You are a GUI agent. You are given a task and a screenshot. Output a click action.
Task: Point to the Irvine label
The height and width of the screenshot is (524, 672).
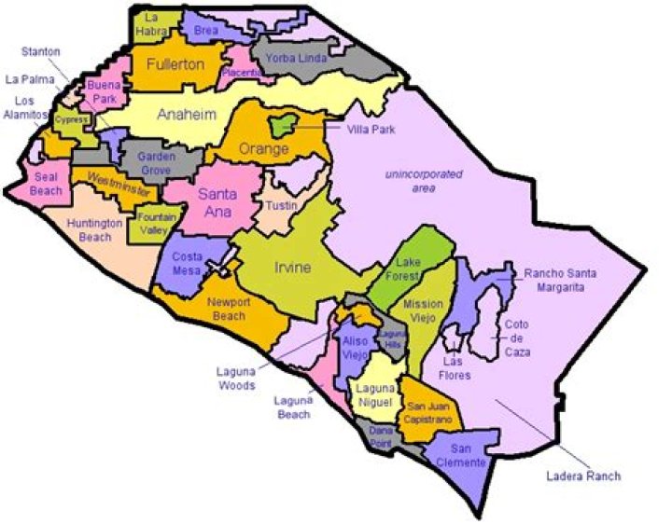(x=291, y=269)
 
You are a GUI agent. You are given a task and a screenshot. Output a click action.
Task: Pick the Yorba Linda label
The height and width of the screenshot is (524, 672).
(x=292, y=58)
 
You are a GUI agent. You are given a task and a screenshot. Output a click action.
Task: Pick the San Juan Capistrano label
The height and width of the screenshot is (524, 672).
(x=428, y=413)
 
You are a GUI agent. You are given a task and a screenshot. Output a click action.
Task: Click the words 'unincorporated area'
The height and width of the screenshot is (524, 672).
(x=417, y=182)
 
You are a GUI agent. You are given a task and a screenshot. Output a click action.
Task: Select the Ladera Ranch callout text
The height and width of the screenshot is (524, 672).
(x=582, y=476)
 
